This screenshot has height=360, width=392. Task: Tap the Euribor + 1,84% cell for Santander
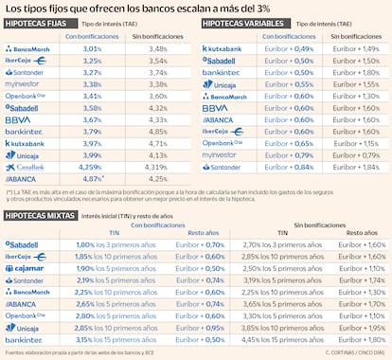355,167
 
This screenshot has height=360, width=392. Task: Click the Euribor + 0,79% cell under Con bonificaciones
290,153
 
